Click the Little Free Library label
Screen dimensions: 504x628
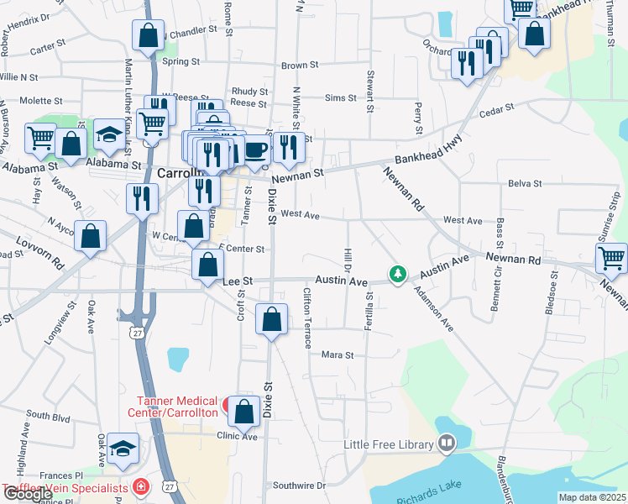389,444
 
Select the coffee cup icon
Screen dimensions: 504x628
256,150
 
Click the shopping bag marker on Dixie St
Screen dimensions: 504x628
271,319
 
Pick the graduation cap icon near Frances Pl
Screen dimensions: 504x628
123,450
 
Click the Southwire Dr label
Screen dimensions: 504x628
298,486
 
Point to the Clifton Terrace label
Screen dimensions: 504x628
307,318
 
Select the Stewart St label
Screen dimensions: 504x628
369,91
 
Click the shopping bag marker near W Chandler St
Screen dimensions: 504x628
148,36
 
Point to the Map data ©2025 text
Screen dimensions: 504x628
593,497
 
